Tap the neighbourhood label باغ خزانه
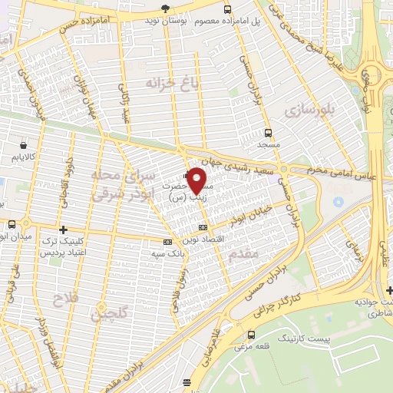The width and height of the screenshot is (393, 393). click(x=167, y=81)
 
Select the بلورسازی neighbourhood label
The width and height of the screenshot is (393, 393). click(x=310, y=110)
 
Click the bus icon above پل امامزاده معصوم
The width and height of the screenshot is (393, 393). click(x=226, y=8)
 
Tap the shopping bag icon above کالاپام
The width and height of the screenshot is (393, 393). click(x=25, y=144)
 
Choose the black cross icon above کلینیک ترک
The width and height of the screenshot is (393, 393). click(x=63, y=229)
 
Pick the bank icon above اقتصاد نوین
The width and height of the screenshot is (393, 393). click(x=203, y=227)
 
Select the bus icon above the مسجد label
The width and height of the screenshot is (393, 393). click(x=267, y=132)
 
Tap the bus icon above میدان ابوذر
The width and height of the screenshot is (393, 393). click(x=12, y=225)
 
